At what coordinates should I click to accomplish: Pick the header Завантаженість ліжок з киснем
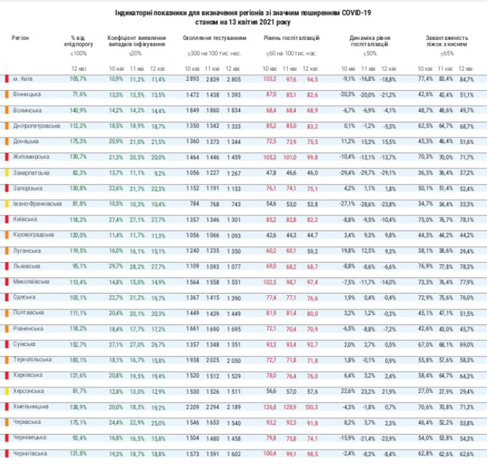[x=447, y=40]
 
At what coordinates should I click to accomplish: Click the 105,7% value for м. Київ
[x=79, y=79]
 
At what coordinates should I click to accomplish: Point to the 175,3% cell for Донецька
[x=79, y=141]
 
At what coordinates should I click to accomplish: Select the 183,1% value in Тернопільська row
[x=79, y=360]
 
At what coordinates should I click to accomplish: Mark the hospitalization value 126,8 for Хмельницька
[x=269, y=407]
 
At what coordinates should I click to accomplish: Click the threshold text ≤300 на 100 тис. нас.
[x=213, y=54]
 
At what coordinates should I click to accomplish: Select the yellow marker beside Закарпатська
[x=6, y=173]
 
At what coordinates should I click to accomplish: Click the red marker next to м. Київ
[x=6, y=79]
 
